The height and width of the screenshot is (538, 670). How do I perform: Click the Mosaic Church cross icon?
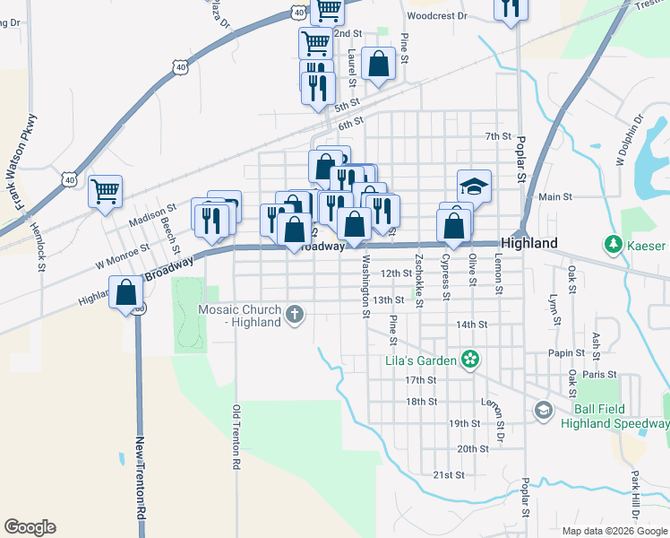[295, 314]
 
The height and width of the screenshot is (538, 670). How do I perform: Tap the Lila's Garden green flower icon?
[470, 360]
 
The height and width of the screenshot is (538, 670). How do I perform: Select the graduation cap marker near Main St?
[475, 187]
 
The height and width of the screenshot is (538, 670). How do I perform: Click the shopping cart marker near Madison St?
[106, 191]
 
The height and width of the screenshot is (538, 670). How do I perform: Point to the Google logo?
[30, 527]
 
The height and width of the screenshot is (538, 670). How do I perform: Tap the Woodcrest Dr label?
[437, 16]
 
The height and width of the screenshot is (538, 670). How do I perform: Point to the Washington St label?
[365, 288]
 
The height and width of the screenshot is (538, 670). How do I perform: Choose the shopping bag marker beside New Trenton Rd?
[125, 292]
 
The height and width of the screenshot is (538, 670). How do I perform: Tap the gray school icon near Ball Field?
[543, 411]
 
